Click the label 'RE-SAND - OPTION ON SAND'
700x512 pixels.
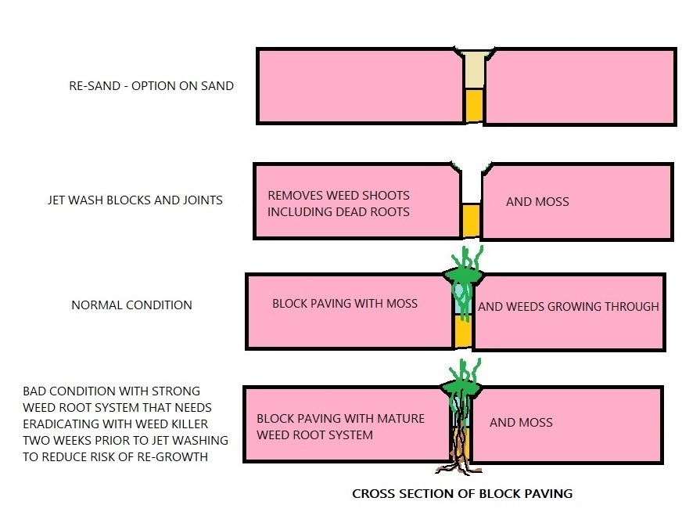[151, 86]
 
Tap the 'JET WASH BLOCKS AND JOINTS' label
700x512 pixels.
[135, 200]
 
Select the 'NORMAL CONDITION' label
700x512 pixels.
[131, 305]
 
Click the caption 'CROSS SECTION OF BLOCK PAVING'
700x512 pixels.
[462, 493]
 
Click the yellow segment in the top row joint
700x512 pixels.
[473, 106]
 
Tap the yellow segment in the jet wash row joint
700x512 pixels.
[470, 220]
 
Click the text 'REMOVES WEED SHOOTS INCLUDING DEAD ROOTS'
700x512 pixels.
[339, 204]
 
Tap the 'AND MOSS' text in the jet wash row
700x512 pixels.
[537, 202]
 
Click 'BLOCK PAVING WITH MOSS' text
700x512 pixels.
[345, 303]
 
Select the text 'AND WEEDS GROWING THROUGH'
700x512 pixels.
[569, 306]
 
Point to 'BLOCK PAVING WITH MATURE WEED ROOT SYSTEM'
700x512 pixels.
[340, 427]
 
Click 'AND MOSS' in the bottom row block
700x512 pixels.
[521, 423]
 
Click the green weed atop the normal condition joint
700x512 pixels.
[465, 270]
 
